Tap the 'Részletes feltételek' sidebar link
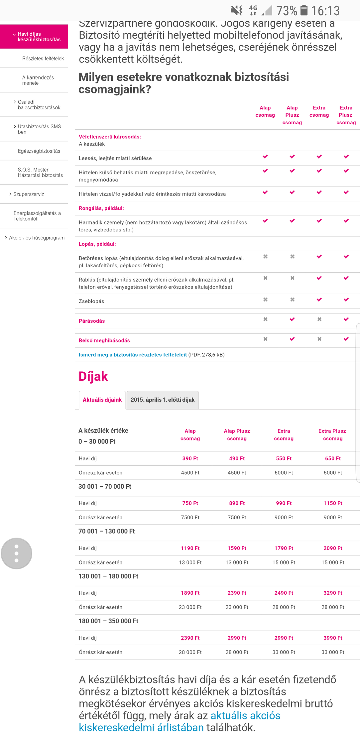[43, 59]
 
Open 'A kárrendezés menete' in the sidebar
[38, 80]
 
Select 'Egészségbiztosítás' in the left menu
[39, 151]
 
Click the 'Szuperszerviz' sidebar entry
[29, 194]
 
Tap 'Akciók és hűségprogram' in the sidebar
[37, 238]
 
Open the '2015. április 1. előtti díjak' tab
[163, 400]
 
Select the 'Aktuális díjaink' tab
[102, 400]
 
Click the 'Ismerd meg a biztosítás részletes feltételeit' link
[133, 355]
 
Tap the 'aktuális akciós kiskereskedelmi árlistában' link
[180, 721]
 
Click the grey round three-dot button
[17, 554]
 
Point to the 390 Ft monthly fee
[190, 458]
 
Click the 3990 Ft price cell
[333, 638]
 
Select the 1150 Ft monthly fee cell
[333, 503]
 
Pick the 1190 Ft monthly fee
[190, 548]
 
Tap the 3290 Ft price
[333, 593]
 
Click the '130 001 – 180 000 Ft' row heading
[108, 576]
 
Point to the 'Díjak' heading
[93, 376]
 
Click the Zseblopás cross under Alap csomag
[265, 300]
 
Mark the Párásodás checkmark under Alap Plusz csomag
[292, 319]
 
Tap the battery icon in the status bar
[304, 10]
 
